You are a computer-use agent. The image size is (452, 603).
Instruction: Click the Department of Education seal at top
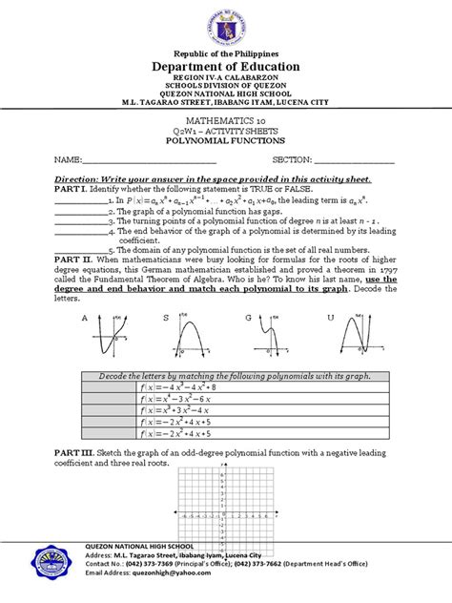coord(226,26)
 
